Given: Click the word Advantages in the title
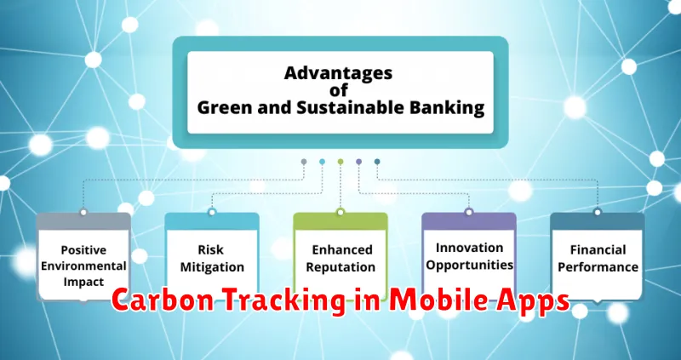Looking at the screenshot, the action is point(338,73).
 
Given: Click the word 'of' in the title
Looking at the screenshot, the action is point(338,90).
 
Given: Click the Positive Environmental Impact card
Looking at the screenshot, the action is point(83,257).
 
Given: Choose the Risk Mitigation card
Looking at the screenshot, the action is point(212,257).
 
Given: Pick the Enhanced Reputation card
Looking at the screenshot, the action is point(340,257).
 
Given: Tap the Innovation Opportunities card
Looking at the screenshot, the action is point(469,257).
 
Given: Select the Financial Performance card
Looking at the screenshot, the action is point(598,257).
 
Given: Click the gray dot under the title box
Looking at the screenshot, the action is point(304,162).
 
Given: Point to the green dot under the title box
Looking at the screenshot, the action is point(340,162).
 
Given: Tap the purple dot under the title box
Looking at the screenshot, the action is point(358,162).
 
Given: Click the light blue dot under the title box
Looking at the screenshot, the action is point(323,162).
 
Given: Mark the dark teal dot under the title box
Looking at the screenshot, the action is point(377,162).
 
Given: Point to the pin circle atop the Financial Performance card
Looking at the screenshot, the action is point(598,212).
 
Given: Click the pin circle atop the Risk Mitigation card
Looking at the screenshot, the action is point(212,212).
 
